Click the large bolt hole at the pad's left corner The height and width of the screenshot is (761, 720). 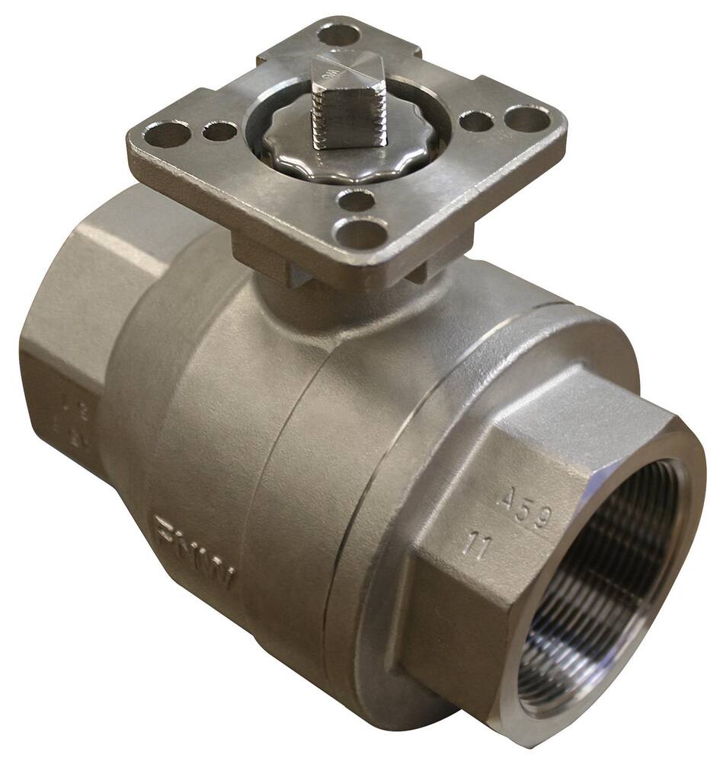(169, 135)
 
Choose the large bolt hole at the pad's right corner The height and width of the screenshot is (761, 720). (527, 118)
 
